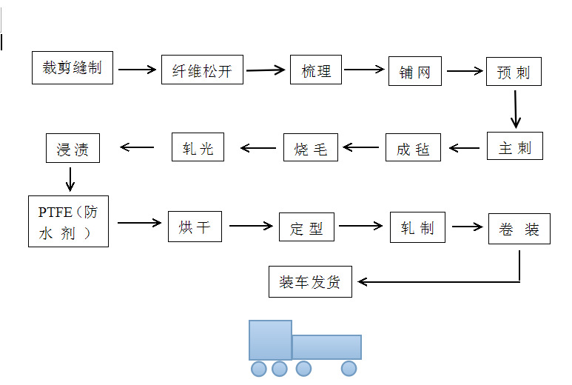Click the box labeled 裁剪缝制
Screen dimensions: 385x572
(x=73, y=68)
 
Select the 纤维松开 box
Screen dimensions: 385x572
(x=202, y=71)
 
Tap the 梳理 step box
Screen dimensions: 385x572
(x=316, y=70)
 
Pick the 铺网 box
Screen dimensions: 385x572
(x=414, y=72)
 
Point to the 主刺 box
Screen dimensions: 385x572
(x=514, y=147)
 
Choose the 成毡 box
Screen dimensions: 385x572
(x=413, y=148)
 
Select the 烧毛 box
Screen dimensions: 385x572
(x=311, y=147)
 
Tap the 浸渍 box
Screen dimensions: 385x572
(x=73, y=148)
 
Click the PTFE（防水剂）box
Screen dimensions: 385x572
(x=68, y=221)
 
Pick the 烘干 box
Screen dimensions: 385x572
(x=195, y=227)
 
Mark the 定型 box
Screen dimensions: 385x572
(x=306, y=227)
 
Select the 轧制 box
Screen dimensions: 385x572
(x=417, y=227)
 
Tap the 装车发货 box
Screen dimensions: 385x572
(x=309, y=282)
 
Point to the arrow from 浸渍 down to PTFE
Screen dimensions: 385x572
(x=71, y=178)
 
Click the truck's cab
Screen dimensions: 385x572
(x=270, y=340)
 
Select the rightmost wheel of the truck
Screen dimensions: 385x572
(x=349, y=368)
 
